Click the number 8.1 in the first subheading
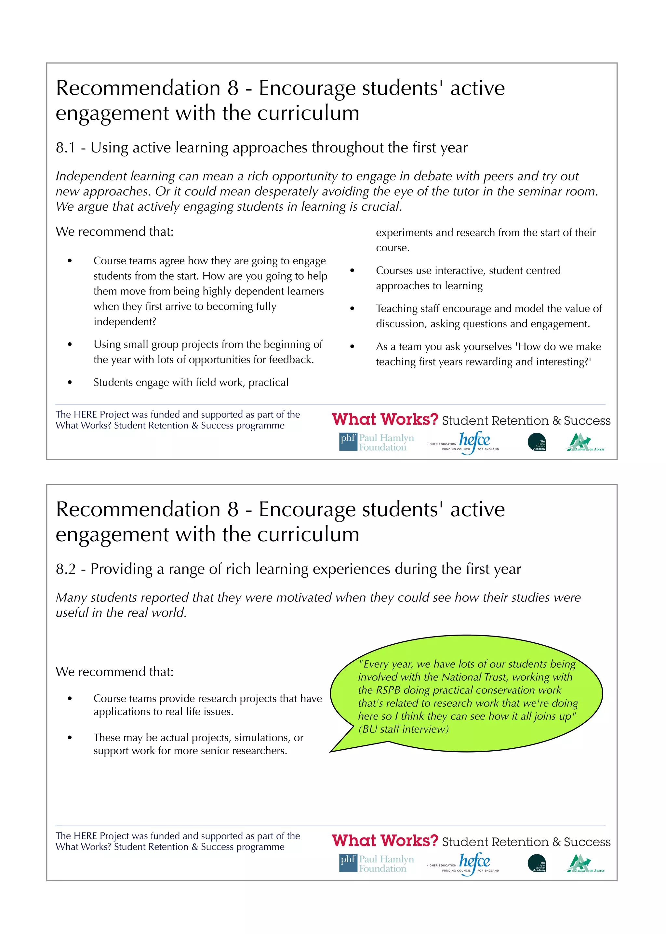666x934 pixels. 66,148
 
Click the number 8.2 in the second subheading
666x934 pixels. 66,569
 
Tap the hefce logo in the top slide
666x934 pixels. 474,441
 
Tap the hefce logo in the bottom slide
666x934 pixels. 474,862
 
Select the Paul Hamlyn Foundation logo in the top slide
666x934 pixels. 377,442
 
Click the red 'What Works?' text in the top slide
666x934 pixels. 385,419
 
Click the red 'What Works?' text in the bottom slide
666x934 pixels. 385,841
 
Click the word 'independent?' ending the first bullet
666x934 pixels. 125,322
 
